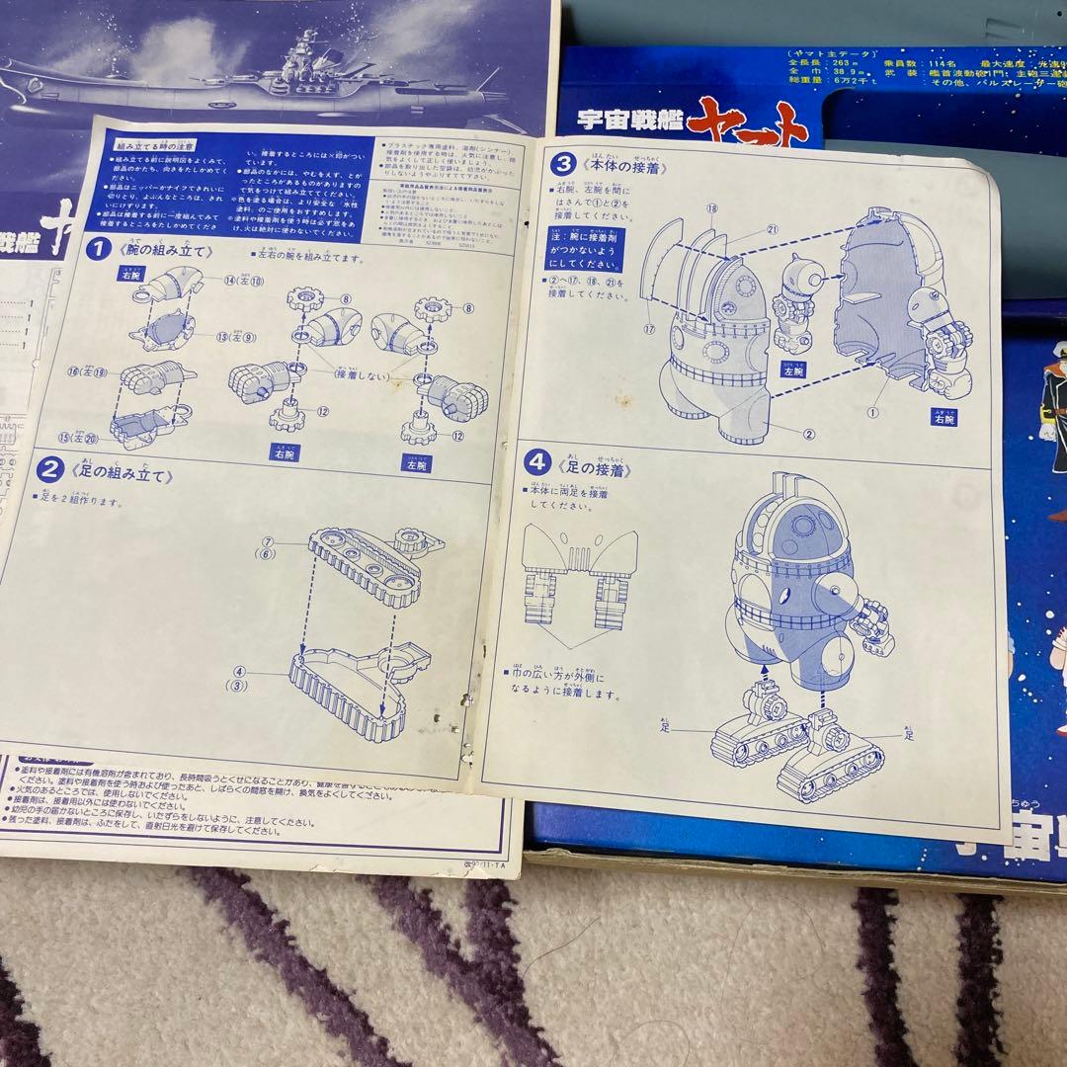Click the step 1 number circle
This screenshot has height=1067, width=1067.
click(x=97, y=249)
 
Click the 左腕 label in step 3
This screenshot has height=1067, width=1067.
click(x=792, y=369)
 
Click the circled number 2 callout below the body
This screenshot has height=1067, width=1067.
click(x=809, y=433)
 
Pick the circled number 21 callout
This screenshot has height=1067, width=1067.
click(x=772, y=230)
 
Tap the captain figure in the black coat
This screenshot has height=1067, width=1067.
click(x=1046, y=395)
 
